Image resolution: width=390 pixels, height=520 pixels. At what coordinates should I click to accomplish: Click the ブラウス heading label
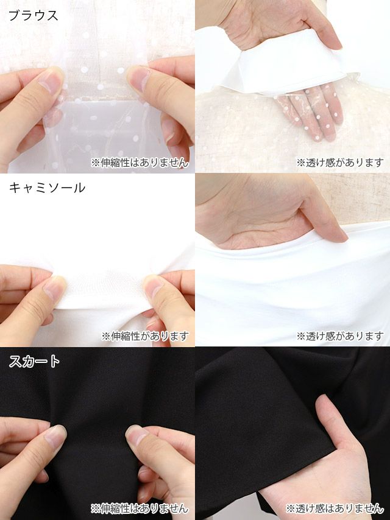pos(33,16)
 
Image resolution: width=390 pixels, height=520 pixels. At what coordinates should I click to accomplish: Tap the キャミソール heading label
pos(47,188)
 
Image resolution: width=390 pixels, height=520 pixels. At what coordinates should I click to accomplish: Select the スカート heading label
pos(35,361)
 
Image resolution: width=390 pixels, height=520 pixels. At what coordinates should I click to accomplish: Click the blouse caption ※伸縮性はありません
pos(140,163)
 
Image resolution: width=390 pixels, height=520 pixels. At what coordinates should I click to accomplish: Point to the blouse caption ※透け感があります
pos(340,163)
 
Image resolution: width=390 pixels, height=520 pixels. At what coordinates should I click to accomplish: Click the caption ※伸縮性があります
pos(145,336)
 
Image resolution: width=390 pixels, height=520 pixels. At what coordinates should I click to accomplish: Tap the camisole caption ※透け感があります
pos(340,336)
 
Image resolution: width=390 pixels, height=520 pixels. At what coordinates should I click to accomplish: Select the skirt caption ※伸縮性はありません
pos(140,508)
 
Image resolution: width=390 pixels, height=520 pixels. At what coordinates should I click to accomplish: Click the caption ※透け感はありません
pos(335,508)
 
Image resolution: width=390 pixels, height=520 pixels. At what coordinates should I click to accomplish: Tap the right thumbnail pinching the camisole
pos(154,286)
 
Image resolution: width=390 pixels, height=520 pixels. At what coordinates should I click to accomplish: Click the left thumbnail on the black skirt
pos(55,436)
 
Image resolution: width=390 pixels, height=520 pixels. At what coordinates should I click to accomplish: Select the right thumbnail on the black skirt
pos(136,436)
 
